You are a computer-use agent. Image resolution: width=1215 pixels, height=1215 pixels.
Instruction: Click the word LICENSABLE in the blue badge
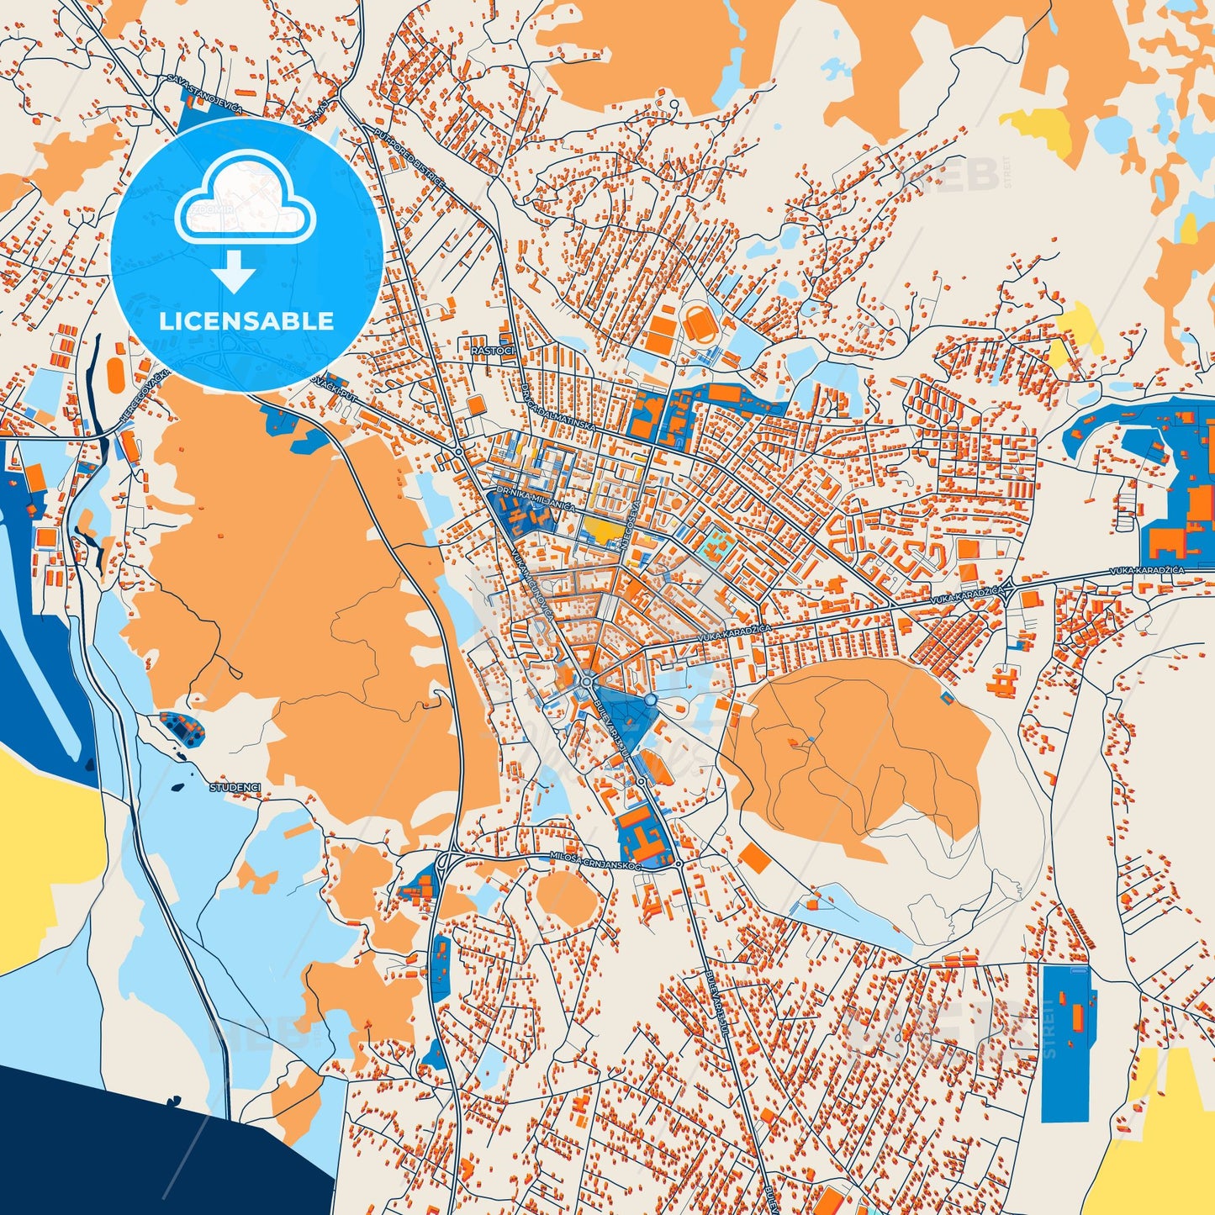tap(246, 320)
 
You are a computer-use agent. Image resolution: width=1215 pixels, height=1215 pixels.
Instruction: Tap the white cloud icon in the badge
tap(245, 199)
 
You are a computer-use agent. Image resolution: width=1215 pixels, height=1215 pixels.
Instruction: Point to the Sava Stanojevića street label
tap(204, 93)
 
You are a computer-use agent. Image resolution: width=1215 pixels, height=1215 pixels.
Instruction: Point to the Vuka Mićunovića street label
tap(531, 586)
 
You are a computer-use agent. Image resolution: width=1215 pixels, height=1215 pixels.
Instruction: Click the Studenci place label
tap(235, 788)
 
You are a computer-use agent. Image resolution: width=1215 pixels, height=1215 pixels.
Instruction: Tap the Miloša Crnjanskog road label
tap(595, 860)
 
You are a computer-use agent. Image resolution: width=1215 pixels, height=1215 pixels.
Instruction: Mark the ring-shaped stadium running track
tap(697, 323)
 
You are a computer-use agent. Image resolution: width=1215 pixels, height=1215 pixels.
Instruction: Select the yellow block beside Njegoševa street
tap(604, 528)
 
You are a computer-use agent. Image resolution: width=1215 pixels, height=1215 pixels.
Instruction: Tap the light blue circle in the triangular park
tap(650, 700)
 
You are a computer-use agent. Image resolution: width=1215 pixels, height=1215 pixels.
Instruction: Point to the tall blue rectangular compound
tap(1065, 1043)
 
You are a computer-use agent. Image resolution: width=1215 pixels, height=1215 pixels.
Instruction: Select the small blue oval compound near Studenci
tap(182, 727)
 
